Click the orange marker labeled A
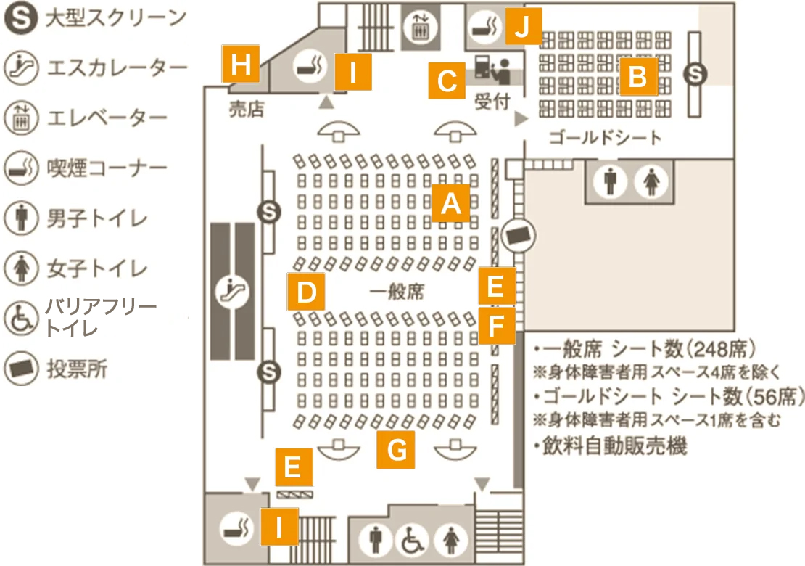451,203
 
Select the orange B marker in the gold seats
638,76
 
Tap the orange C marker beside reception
447,81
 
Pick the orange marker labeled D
306,292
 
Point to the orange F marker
497,326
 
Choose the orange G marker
396,450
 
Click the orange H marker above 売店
240,64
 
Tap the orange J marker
523,25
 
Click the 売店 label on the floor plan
247,108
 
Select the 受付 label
492,102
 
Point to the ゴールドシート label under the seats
606,138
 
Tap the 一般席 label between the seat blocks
397,292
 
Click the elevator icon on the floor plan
420,28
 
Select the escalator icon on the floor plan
231,291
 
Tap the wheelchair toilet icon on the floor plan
412,540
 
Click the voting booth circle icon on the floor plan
519,236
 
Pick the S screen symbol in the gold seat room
695,74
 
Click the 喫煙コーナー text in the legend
107,168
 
